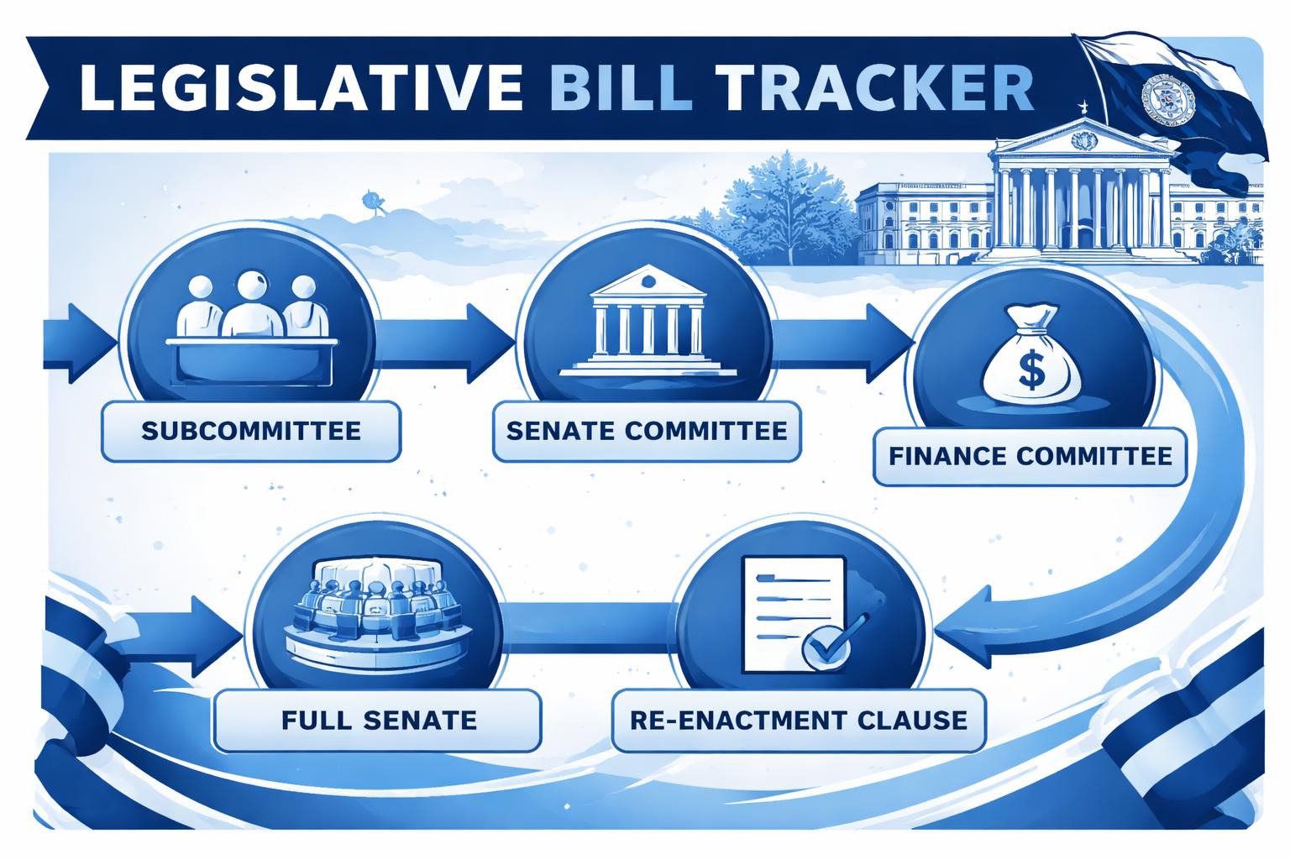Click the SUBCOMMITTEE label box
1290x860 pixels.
(x=250, y=431)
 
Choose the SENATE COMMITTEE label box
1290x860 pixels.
(x=647, y=431)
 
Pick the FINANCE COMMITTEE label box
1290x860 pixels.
(x=1030, y=456)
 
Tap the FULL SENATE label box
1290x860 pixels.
(x=378, y=720)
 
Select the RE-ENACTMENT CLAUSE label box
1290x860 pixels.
(x=798, y=720)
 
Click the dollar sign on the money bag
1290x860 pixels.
(x=1030, y=370)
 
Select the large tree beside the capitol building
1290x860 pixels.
(x=785, y=206)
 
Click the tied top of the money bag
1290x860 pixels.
(x=1032, y=317)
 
